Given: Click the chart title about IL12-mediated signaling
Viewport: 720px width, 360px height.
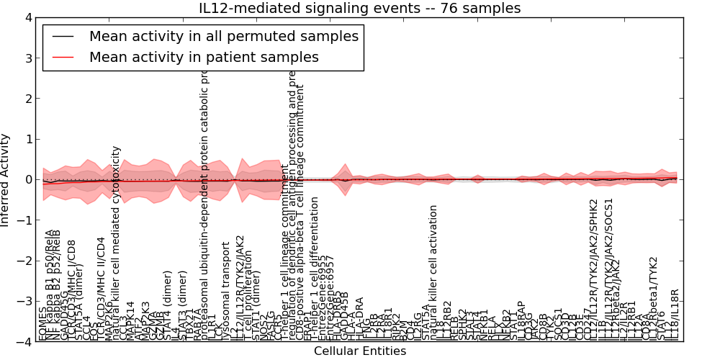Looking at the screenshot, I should point(359,8).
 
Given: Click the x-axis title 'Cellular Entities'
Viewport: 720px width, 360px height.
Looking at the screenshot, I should point(359,351).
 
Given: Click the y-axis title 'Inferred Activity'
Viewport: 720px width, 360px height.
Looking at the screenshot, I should point(6,179).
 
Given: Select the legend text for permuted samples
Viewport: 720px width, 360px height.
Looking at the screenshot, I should point(223,36).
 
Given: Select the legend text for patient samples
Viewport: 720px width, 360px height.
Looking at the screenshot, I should point(204,56).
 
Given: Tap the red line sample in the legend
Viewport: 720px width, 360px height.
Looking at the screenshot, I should point(63,56).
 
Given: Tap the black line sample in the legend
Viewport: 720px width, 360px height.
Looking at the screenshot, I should point(63,36).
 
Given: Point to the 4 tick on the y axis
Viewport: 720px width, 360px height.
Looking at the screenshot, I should point(27,17).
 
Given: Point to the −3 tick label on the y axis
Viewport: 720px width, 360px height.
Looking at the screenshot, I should point(24,302).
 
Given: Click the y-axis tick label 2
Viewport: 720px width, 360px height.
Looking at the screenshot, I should point(27,99).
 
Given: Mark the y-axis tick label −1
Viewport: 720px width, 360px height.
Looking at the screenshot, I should point(24,220).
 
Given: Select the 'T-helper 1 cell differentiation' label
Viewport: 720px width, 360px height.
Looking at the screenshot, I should point(315,273).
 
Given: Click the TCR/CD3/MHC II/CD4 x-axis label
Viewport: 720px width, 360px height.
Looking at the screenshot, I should point(101,288).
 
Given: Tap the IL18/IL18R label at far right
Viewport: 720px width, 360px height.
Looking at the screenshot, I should point(675,314).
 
